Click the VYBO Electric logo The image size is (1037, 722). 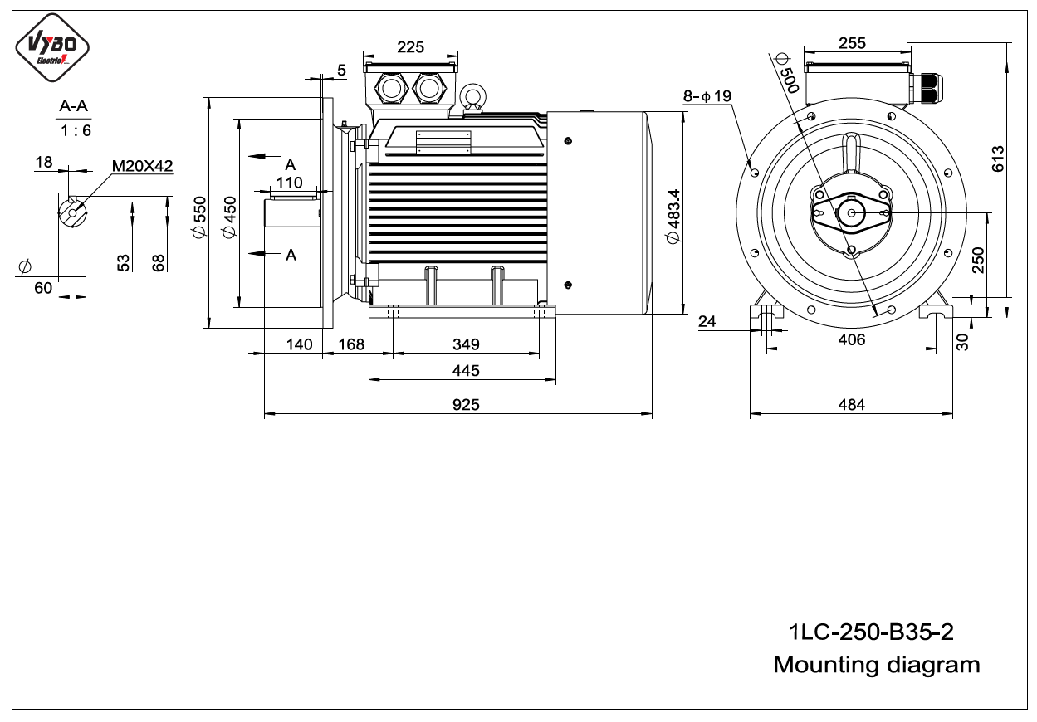pos(52,47)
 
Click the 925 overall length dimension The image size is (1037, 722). pos(466,405)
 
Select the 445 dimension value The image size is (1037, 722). pos(466,371)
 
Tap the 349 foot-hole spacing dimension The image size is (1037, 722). pos(466,344)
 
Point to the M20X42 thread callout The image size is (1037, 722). pos(142,166)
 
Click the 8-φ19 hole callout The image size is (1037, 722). pos(707,96)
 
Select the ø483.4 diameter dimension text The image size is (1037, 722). pos(673,216)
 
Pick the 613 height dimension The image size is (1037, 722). pos(998,159)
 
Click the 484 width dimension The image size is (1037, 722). pos(851,405)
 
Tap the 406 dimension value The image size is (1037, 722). pos(851,340)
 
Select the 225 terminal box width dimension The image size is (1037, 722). pos(410,47)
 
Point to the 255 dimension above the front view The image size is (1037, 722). pos(852,43)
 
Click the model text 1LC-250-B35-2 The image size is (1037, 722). pos(871,632)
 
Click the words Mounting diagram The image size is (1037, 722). pos(877,666)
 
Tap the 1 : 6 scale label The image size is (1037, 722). pos(76,131)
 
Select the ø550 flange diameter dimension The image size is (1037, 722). pos(199,217)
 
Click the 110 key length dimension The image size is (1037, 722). pos(289,183)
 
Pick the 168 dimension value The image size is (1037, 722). pos(351,344)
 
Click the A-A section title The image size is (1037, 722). pos(74,106)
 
